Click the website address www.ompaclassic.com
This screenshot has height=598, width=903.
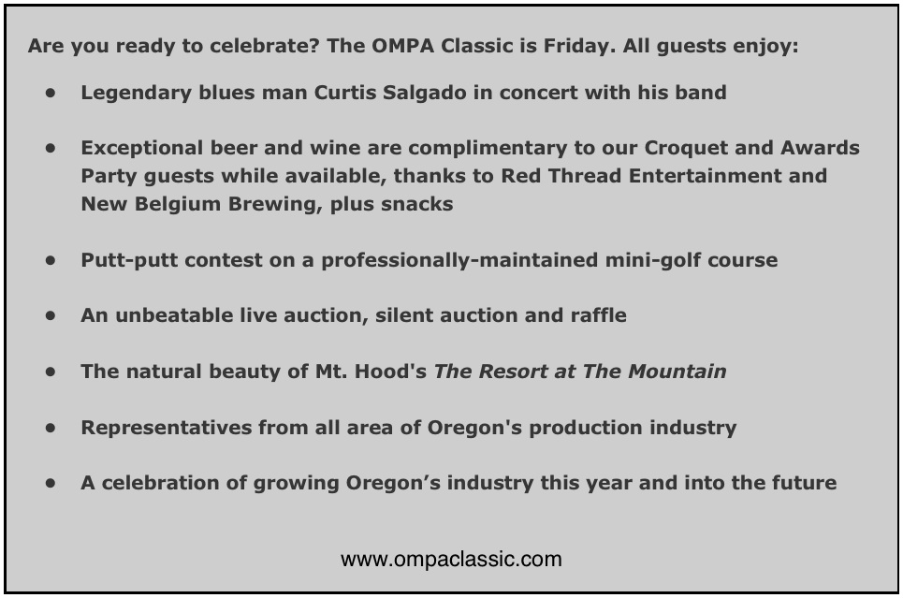pyautogui.click(x=451, y=560)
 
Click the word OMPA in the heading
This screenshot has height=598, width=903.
pyautogui.click(x=402, y=46)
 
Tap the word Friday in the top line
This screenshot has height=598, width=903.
pyautogui.click(x=579, y=46)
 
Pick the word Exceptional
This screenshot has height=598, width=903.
pyautogui.click(x=141, y=149)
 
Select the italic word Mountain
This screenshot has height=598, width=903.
pyautogui.click(x=677, y=372)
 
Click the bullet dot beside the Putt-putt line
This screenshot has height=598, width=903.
pyautogui.click(x=51, y=260)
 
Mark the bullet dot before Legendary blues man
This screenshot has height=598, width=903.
pyautogui.click(x=51, y=92)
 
